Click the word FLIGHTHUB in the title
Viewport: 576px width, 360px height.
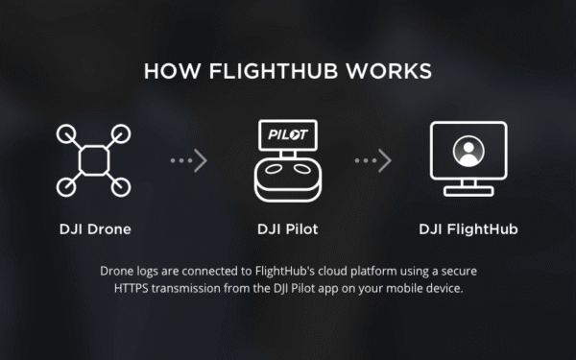[x=288, y=72]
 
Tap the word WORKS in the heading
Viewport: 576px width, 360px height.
[x=396, y=72]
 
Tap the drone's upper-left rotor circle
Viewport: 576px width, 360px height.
[x=68, y=132]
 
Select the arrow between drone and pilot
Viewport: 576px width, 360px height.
[x=188, y=161]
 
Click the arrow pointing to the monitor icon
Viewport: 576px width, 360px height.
[x=373, y=161]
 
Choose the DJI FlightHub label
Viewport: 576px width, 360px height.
[x=468, y=229]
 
